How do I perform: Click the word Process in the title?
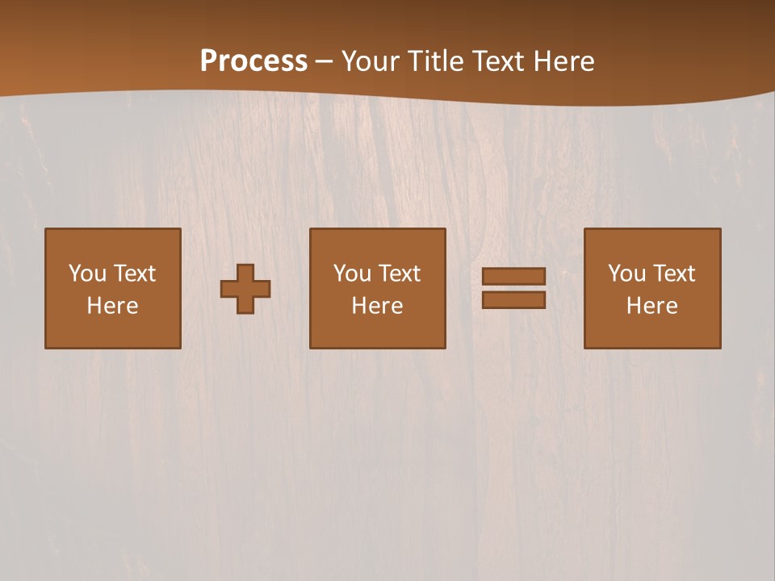[253, 61]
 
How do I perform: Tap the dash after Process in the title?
[325, 61]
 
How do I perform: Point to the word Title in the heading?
[434, 61]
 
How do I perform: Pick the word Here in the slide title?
[566, 61]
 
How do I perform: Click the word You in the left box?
[87, 274]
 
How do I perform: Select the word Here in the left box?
[112, 306]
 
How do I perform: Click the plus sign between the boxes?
[245, 289]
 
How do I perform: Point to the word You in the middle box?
[352, 274]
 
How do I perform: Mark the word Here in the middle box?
[377, 306]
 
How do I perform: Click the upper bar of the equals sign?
[513, 277]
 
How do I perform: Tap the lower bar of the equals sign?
[513, 299]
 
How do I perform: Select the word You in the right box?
[626, 274]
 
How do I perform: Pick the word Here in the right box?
[651, 306]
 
